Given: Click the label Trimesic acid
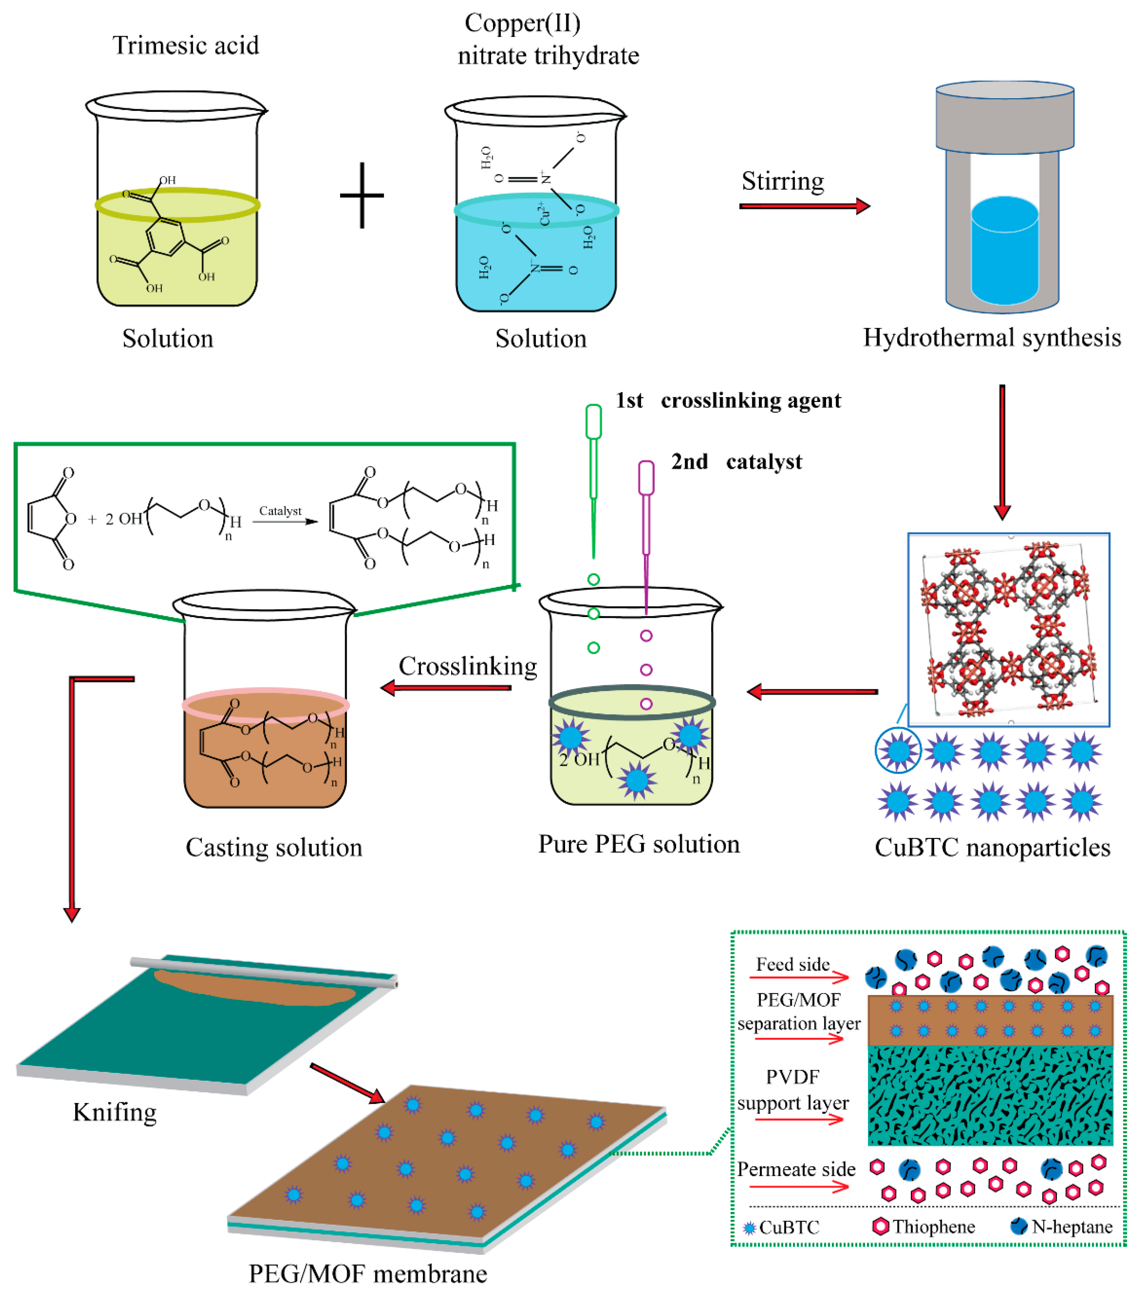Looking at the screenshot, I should tap(186, 46).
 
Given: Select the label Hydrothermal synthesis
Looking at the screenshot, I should tap(992, 338).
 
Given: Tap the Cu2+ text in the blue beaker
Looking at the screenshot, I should tap(544, 214).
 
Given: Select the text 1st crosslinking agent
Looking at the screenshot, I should tap(728, 401).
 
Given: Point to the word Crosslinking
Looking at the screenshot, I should tap(468, 666).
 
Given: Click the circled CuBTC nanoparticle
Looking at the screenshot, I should tap(898, 751).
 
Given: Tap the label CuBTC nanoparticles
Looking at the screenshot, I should tap(992, 848).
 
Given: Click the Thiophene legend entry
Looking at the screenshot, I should tap(924, 1227).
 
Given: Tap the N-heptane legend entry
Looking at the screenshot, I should tap(1061, 1227).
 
